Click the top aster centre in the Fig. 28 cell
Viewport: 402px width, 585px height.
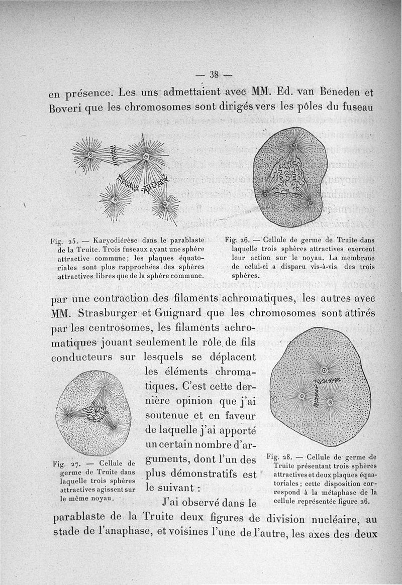pyautogui.click(x=324, y=370)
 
